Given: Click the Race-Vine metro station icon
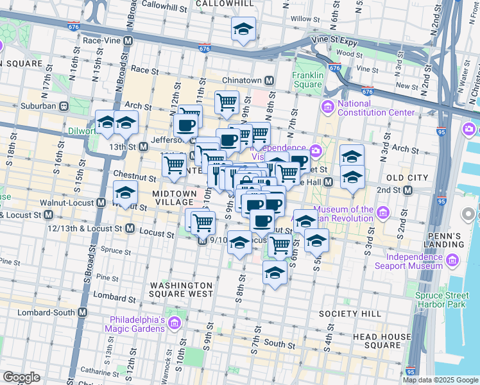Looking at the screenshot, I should click(x=128, y=40).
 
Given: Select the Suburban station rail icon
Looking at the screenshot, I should click(x=64, y=106).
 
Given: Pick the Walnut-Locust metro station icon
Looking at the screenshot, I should click(x=101, y=203).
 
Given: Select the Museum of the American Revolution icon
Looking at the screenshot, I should click(x=383, y=212).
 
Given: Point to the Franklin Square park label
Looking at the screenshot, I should click(x=307, y=80).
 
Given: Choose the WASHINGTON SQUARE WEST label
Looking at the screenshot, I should click(x=181, y=289).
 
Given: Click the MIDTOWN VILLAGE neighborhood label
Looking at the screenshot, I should click(x=175, y=198).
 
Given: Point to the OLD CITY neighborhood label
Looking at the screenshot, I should click(x=407, y=177).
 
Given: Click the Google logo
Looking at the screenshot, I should click(x=21, y=377).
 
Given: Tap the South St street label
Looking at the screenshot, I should click(x=279, y=345).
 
